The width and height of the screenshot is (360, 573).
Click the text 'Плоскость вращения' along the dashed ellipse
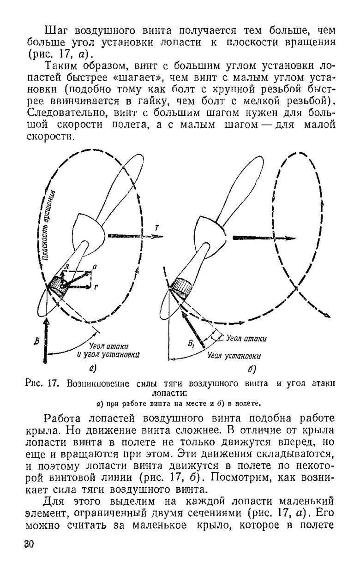click(x=49, y=226)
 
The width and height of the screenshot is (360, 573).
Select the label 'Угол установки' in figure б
click(x=234, y=356)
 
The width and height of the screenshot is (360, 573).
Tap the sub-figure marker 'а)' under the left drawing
click(x=92, y=368)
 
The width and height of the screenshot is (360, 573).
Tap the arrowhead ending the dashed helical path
click(x=326, y=315)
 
